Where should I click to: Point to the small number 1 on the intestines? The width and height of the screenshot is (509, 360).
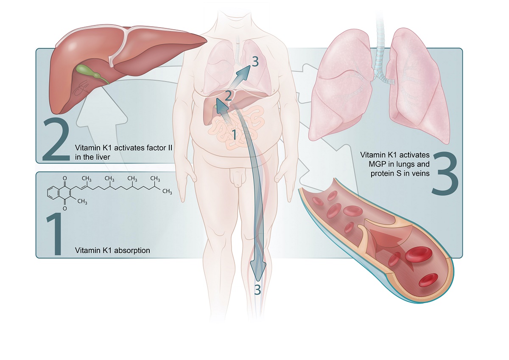[x=233, y=135]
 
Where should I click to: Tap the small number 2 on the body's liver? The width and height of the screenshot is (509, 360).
[x=228, y=96]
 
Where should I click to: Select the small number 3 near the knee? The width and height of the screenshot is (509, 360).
[x=257, y=290]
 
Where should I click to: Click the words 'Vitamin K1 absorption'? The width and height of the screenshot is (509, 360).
[x=112, y=250]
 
